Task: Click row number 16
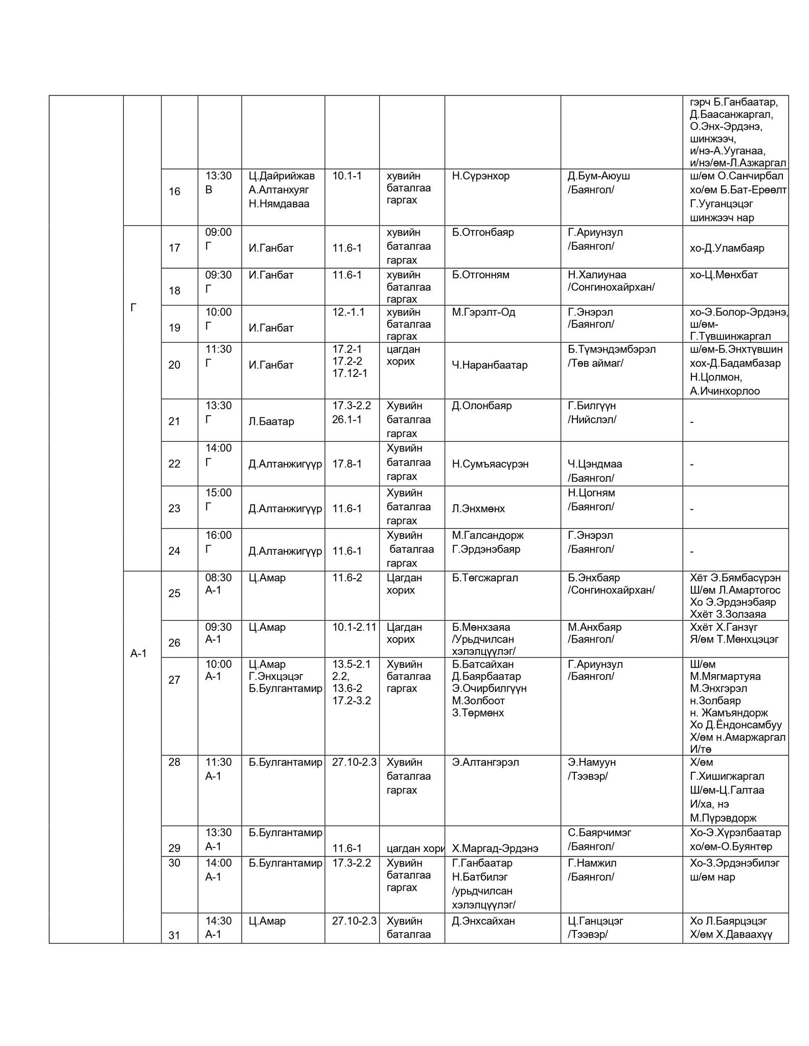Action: pos(174,192)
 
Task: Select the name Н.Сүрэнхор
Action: pos(480,176)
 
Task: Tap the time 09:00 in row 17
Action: pos(218,232)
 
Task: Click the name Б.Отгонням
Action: pos(480,275)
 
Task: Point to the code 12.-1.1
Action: pos(348,312)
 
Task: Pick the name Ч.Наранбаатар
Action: pos(490,365)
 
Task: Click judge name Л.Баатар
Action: pos(271,421)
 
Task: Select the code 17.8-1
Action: pos(347,464)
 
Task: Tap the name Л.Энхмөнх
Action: pos(478,509)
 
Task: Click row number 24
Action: pos(174,551)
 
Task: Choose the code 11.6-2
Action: pos(347,578)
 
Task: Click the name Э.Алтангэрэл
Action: pos(485,762)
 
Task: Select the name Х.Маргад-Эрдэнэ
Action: pos(495,848)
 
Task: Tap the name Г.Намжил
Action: pos(592,863)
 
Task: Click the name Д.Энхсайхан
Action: pos(483,921)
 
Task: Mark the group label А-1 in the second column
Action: pos(138,653)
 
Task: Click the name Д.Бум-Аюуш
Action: pos(598,176)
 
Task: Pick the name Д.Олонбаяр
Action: pos(481,406)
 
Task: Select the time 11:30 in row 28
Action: pos(218,762)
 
